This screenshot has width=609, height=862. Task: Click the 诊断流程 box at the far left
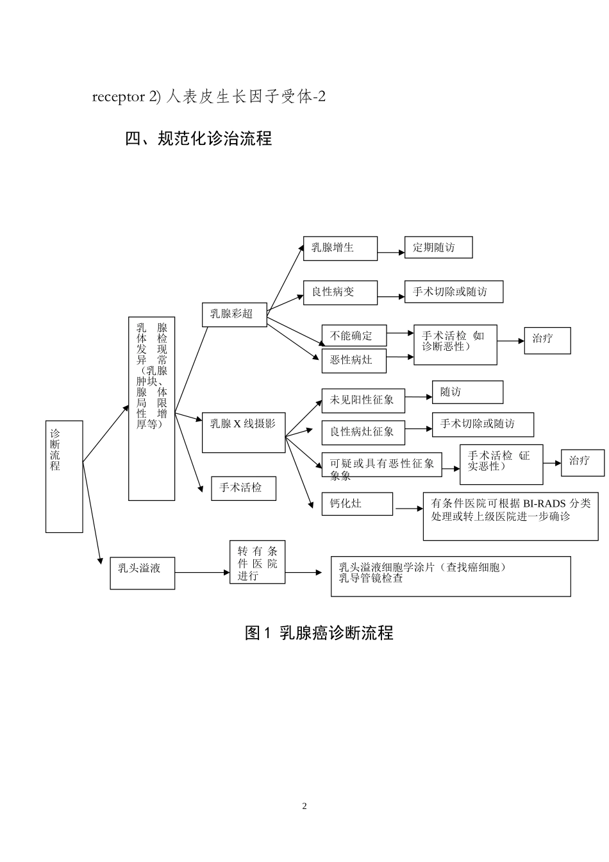64,476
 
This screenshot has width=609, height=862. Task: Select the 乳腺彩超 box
234,314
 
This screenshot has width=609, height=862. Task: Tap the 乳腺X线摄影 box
243,432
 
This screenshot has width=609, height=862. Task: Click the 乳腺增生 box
340,248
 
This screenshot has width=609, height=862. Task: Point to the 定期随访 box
438,248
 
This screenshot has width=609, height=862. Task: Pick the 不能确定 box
355,335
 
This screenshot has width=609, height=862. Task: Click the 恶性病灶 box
355,360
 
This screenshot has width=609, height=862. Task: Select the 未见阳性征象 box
363,400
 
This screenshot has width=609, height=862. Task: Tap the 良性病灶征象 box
363,432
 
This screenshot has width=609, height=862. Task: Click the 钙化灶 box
356,504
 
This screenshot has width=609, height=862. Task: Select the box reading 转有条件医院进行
257,562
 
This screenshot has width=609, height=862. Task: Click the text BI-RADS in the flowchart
544,503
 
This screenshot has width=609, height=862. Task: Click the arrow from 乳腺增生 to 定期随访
391,253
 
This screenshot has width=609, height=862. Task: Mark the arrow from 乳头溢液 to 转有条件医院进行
202,572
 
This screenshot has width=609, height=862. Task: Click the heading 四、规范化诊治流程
199,138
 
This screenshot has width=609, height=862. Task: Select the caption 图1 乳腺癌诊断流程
319,633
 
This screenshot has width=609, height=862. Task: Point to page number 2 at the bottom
304,806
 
